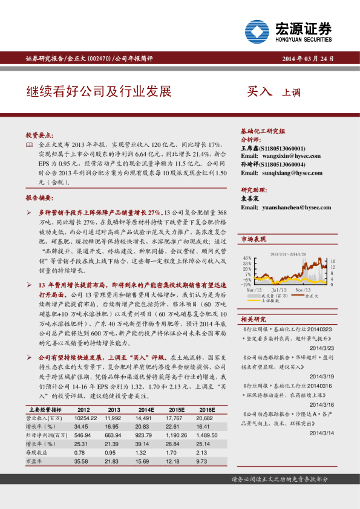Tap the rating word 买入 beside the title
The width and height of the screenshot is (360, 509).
[x=260, y=92]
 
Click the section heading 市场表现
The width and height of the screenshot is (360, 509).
[x=253, y=240]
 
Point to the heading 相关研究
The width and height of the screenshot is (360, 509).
[x=253, y=319]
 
